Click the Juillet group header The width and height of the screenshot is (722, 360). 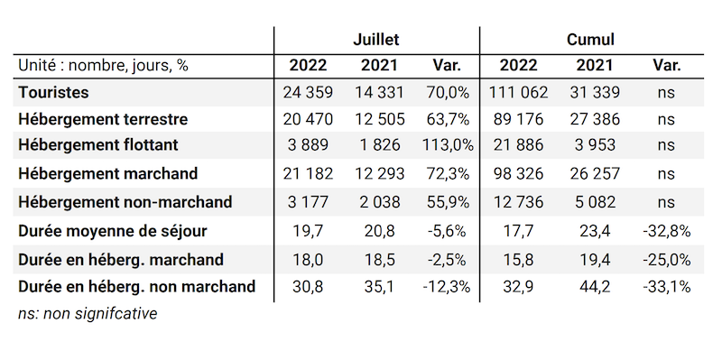[375, 40]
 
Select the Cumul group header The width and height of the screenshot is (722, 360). [590, 40]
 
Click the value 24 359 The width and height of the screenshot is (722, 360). [309, 92]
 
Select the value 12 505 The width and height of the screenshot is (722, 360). [379, 118]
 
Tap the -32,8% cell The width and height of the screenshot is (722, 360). [666, 231]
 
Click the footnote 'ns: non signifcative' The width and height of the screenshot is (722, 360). [88, 314]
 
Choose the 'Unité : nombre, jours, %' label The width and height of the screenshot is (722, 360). [104, 65]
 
